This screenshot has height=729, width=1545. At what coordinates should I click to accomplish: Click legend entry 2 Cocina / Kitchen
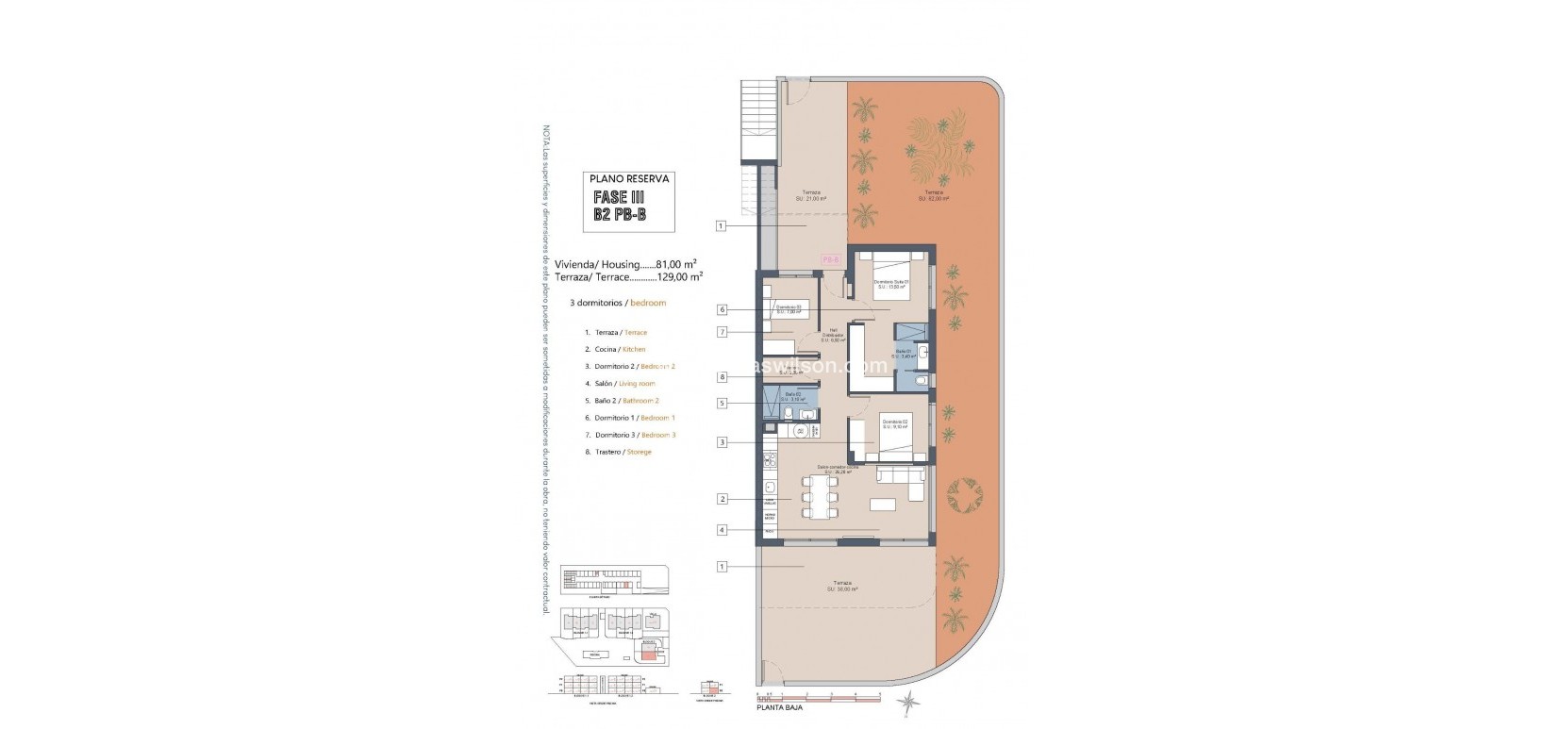615,349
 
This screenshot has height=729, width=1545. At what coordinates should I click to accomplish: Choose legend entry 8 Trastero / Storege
618,452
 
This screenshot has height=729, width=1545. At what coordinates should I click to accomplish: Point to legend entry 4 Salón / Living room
620,384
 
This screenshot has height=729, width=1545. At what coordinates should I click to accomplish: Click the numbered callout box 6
722,308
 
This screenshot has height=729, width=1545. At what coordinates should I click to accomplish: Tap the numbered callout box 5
722,403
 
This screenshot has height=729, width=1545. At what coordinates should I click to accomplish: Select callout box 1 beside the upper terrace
722,225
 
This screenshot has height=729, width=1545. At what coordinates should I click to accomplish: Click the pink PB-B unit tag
831,258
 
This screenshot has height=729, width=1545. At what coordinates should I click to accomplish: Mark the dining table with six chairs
819,496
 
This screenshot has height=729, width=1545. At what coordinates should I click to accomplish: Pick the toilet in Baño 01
922,382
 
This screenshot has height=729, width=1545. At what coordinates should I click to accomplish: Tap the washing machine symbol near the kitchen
800,431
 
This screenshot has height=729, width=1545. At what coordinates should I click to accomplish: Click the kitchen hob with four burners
769,461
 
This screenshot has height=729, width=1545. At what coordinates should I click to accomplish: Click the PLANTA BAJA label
779,706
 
